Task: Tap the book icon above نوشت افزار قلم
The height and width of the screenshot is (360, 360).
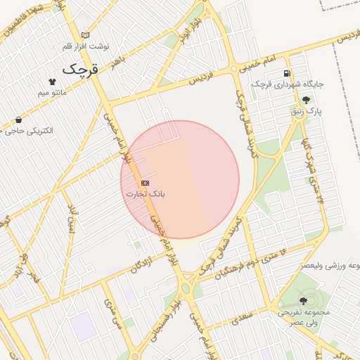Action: coord(86,35)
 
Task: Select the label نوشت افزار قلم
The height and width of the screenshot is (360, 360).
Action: coord(86,46)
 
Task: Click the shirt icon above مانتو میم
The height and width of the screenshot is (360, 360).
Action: coord(52,82)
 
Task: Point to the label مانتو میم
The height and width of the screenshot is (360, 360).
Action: coord(52,92)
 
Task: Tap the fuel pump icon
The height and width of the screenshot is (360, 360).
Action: coord(287,73)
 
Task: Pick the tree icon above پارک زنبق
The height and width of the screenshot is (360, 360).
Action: coord(305,101)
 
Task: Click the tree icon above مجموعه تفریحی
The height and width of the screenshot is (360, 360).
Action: coord(303,300)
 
